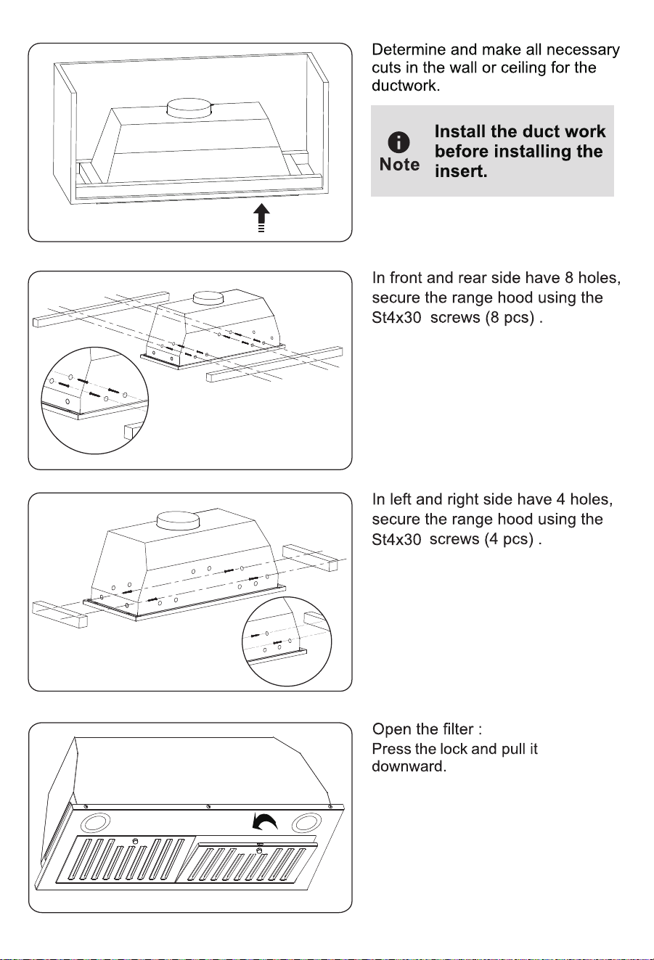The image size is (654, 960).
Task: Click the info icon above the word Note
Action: click(398, 141)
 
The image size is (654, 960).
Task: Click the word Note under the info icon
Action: click(399, 165)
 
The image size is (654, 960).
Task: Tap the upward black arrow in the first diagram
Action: click(261, 217)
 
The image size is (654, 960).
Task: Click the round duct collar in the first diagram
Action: click(189, 107)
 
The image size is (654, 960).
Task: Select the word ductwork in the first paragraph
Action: click(406, 86)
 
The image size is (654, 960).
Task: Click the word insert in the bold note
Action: click(461, 171)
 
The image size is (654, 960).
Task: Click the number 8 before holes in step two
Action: click(569, 278)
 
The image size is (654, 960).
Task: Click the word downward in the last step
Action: click(409, 766)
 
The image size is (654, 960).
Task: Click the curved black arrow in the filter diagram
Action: click(265, 821)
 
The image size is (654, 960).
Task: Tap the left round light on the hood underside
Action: click(95, 824)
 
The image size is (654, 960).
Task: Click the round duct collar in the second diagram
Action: click(209, 298)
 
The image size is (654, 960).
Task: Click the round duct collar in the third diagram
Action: click(179, 520)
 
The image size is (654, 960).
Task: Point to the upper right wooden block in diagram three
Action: click(310, 557)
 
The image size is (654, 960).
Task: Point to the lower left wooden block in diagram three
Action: click(60, 614)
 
